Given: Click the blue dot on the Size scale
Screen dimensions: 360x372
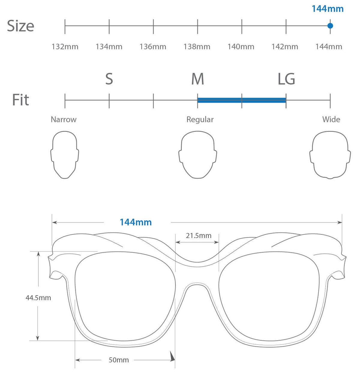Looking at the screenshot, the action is pos(330,25).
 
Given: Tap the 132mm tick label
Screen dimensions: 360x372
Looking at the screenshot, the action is pos(65,47).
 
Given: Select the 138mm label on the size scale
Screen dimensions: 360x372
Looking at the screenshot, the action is pos(197,47).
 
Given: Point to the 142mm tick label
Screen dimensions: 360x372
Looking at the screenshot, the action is pos(285,47).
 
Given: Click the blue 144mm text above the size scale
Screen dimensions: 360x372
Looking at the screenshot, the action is pos(328,9).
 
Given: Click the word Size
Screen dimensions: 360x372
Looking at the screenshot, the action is pos(21,26).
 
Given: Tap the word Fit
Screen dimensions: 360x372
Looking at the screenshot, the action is pos(21,100).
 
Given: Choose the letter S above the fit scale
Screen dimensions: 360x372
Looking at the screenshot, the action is pos(109,79).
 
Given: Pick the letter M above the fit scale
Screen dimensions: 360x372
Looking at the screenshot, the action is pos(198,79).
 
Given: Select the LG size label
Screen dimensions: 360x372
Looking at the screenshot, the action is pos(286,79).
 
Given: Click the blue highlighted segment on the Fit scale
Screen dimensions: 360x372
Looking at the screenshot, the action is pos(242,100).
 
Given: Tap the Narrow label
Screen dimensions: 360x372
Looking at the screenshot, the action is pos(64,120).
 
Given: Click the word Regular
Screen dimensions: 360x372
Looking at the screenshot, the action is pos(200,120).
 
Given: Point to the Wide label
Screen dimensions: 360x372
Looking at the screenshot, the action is pos(331,120).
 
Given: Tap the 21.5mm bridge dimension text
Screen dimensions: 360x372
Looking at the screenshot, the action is pos(199,236).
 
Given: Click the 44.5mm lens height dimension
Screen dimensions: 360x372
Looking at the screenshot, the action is pos(38,298).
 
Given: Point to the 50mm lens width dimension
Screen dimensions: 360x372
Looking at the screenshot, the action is pos(118,360).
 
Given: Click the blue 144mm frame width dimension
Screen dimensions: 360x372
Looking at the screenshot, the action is pos(136,222).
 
